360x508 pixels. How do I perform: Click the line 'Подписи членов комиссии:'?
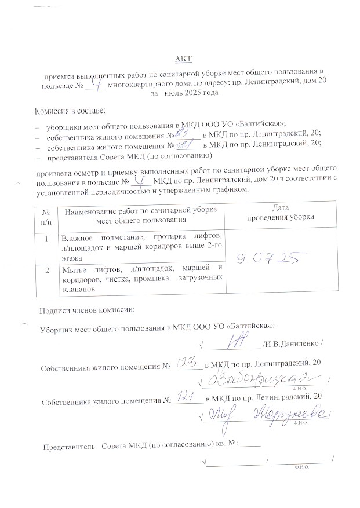tap(87, 310)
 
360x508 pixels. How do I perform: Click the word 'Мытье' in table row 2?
tap(74, 268)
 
